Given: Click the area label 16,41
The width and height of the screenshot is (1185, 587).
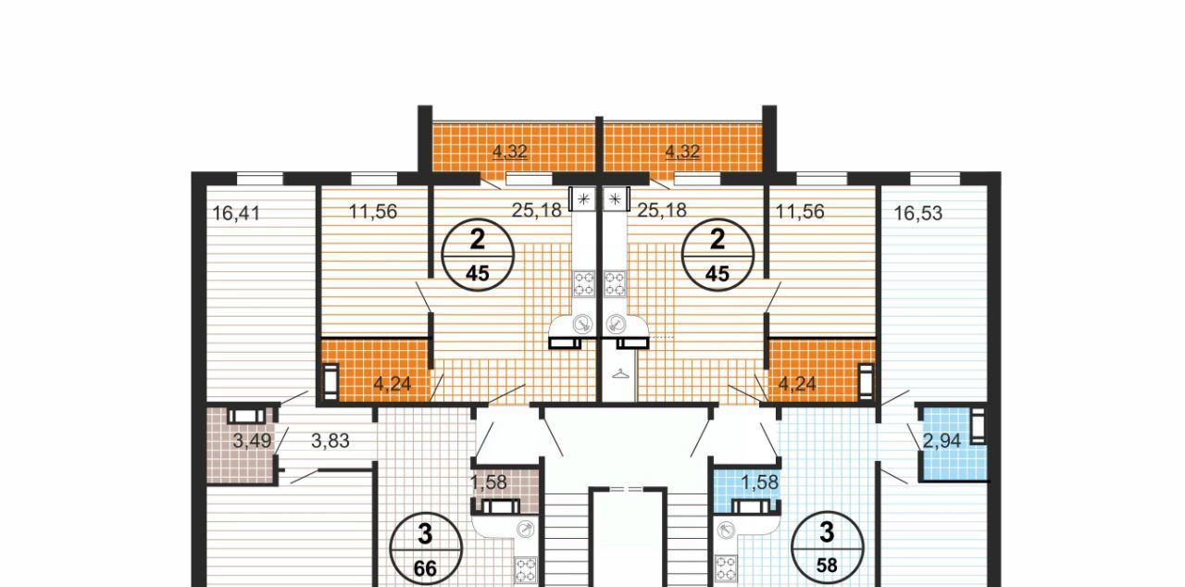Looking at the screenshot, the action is pos(236,214).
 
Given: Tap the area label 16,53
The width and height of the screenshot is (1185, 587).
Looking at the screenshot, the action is pos(917,213).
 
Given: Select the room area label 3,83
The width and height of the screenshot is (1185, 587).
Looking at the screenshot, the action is pos(331,441).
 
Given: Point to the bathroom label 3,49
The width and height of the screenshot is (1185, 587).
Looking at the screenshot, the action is pos(252,441).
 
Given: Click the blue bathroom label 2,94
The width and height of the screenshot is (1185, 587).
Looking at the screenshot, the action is pos(942,441).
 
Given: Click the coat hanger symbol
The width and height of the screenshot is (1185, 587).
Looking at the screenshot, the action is pos(621,374).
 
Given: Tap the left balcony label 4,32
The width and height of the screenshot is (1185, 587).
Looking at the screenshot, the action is pos(510,152).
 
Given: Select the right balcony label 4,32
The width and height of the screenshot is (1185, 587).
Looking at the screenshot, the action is pos(682,152).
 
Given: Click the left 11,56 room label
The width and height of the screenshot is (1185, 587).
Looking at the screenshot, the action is pos(373,211).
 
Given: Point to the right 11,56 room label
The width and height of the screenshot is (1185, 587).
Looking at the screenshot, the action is pos(799,211).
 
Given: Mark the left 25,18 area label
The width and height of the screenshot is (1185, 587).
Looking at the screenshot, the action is pos(536,210).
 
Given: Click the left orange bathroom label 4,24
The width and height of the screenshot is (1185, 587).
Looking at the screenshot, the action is pos(392,384).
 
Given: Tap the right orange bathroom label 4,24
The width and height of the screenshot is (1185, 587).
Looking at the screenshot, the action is pos(797,384).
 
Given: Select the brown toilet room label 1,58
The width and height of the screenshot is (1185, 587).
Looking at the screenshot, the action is pos(488,482).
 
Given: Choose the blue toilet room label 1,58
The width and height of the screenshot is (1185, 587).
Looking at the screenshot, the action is pos(760,482).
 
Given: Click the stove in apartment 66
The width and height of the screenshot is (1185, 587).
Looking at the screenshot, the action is pos(527,570).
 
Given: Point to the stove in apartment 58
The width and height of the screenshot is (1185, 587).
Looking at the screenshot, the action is pos(725,568).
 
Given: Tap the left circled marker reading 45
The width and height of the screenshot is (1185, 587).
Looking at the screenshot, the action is pos(478,255).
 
